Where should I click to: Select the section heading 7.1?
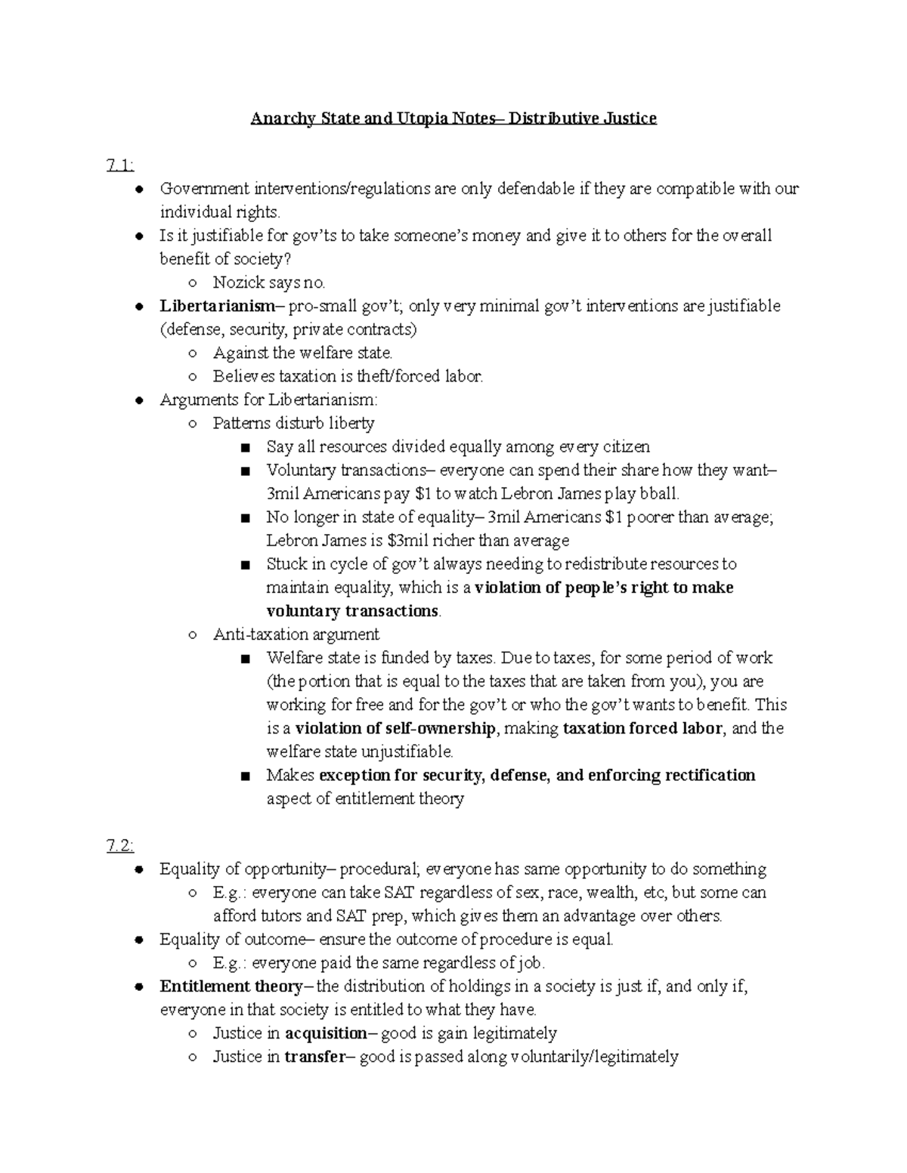coord(121,165)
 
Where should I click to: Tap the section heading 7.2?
coord(121,846)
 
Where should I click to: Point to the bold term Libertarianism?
coord(217,306)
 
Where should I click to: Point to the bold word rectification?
coord(710,776)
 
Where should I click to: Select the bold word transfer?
coord(314,1057)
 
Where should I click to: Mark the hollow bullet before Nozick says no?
coord(194,283)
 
